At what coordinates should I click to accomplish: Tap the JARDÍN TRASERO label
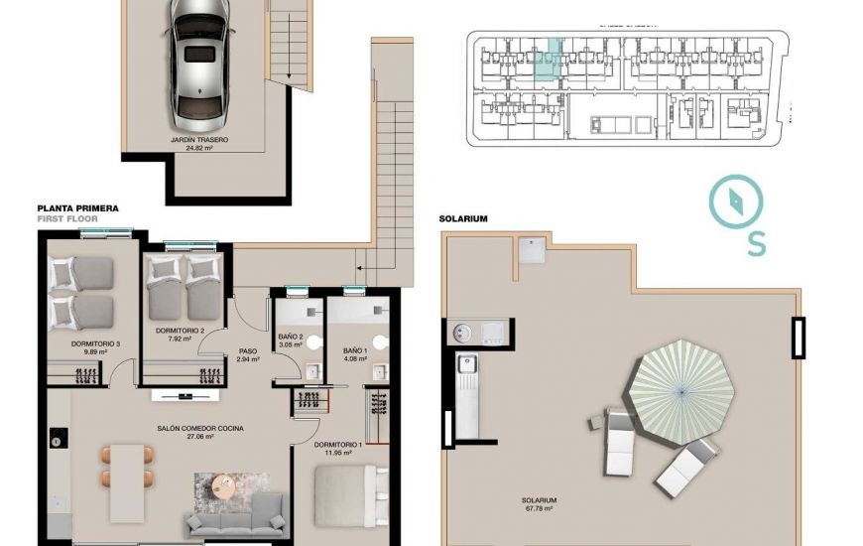coord(199,141)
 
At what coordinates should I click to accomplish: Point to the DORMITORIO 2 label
coord(180,331)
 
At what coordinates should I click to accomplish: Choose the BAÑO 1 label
coord(355,351)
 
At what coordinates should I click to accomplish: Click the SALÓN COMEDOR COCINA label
coord(199,429)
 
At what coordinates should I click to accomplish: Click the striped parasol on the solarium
coord(685,390)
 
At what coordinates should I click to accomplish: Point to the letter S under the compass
coord(756,244)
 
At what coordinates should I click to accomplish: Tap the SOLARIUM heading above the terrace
coord(462,218)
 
